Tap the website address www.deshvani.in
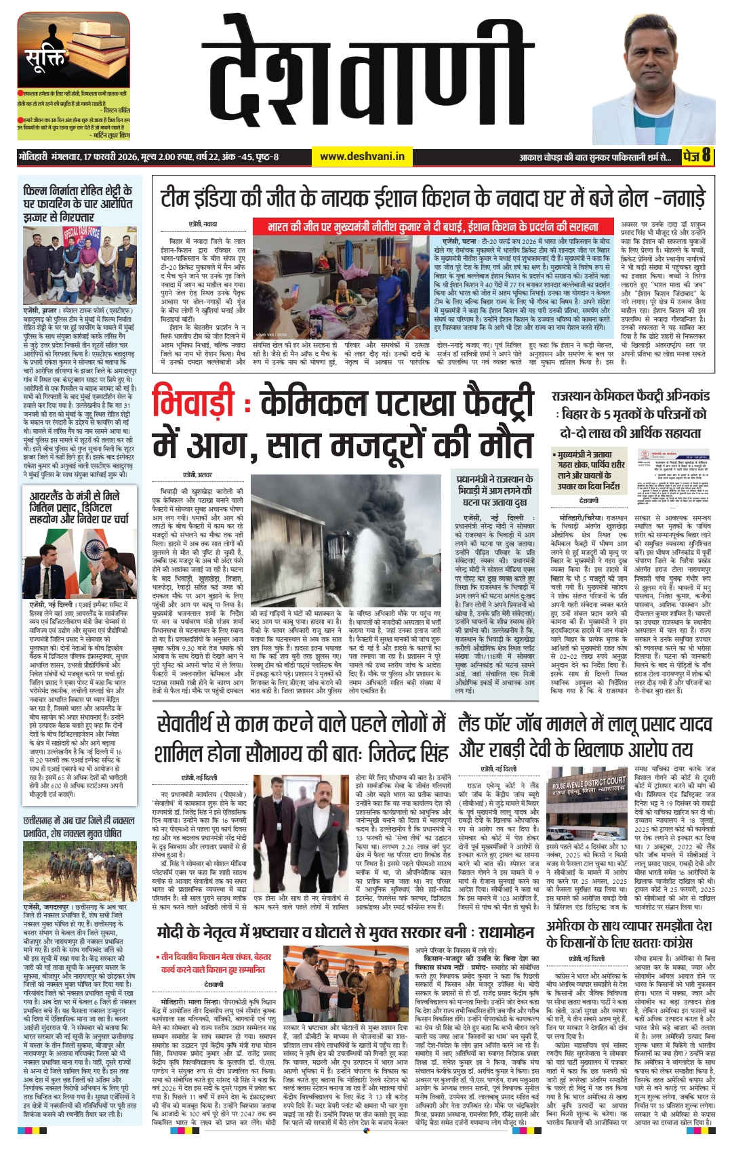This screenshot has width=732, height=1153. click(x=362, y=157)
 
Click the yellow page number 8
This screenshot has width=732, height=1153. click(x=706, y=156)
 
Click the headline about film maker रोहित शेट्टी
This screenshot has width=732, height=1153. click(x=77, y=203)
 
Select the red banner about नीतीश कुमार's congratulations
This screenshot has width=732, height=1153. click(x=434, y=226)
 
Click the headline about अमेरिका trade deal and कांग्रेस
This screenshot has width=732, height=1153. click(x=629, y=933)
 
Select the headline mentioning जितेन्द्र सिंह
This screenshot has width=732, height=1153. click(x=302, y=738)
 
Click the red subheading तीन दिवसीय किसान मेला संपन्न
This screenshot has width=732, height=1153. click(x=213, y=963)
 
